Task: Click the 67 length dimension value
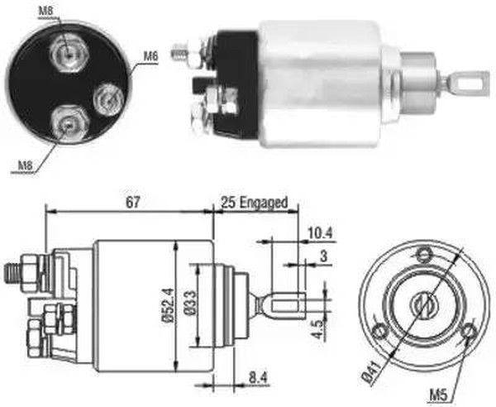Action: [x=132, y=203]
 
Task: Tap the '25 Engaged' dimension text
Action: [x=255, y=203]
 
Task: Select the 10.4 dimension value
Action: [x=320, y=233]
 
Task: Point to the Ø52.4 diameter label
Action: [x=168, y=305]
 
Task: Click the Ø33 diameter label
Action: [x=190, y=303]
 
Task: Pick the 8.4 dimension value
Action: [x=258, y=377]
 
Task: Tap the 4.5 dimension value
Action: [x=320, y=329]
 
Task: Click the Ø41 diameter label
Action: [x=370, y=374]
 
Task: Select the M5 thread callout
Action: [x=438, y=395]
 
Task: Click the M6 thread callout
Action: [x=150, y=56]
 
